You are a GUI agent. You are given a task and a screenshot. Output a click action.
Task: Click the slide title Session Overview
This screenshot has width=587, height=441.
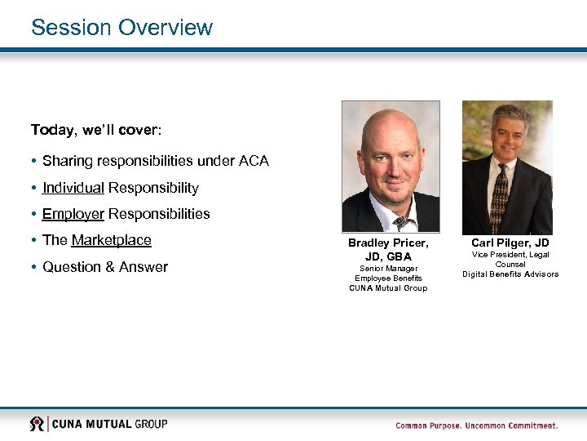coord(121,27)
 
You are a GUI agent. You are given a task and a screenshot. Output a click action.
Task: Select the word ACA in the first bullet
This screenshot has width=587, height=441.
coord(254,161)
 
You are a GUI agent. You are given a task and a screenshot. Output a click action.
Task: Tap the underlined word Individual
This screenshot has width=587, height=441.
coord(73,188)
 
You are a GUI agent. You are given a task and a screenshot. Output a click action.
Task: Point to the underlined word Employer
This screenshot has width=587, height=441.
coord(73,214)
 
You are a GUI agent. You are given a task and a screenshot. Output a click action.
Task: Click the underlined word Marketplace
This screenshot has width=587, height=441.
coord(112,240)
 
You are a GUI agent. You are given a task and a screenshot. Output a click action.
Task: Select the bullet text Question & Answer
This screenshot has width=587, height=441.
coord(105,267)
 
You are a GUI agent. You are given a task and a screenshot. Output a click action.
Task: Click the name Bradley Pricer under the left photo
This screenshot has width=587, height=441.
coord(388,243)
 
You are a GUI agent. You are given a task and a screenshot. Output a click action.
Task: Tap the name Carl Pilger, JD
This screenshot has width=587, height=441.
coord(510,243)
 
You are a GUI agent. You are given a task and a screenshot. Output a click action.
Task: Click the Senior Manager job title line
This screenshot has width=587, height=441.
coord(388,269)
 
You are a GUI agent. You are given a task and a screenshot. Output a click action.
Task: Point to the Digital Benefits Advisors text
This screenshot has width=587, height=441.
coord(510,274)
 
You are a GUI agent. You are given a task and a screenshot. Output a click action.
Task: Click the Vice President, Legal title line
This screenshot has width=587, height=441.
coord(510,256)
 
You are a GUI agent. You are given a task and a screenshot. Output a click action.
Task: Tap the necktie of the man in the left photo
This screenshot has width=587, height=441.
coord(400,221)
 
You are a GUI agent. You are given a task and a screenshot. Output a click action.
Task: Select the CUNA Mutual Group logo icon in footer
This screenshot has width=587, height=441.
coord(37,424)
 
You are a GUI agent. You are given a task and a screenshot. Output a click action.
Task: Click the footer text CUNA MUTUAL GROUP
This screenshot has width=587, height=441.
coord(110,424)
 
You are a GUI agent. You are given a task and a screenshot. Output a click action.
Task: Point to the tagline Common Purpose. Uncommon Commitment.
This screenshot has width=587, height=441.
coord(477,425)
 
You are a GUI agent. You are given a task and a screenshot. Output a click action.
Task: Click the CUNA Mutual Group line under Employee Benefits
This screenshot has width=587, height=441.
coord(388,288)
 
